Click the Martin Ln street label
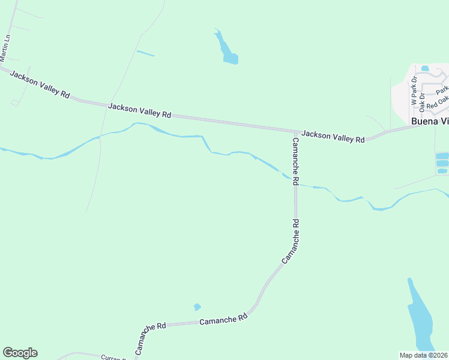(7, 49)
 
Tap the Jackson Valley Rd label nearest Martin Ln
(39, 87)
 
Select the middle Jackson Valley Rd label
(140, 110)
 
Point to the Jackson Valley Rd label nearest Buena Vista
(333, 136)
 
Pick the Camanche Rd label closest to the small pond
(223, 320)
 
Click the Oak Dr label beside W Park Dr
(422, 101)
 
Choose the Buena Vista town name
(430, 121)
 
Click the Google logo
(20, 353)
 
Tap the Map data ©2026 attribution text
(424, 355)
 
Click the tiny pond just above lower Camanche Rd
(197, 307)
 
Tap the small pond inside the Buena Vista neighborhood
(426, 68)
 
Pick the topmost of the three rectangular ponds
(442, 155)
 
